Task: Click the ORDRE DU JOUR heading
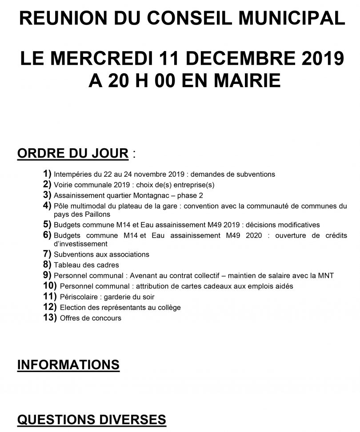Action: click(72, 154)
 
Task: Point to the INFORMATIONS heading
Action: click(68, 365)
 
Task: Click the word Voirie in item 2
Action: click(63, 185)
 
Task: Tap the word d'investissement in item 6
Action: click(80, 244)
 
